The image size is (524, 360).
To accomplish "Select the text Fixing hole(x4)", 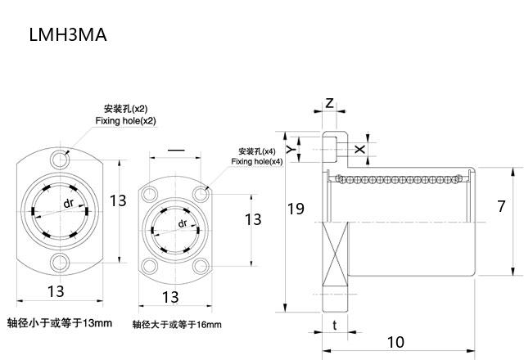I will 256,162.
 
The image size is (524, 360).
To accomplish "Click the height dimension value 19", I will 296,209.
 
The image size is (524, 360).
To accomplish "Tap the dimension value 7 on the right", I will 502,207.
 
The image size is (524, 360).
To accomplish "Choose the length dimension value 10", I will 395,341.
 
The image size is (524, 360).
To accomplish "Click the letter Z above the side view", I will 328,104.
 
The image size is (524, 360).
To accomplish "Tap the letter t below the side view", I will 336,324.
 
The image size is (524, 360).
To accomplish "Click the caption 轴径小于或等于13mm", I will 59,322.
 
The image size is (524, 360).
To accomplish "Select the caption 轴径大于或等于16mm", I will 177,325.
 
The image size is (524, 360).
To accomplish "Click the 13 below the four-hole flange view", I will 169,296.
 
